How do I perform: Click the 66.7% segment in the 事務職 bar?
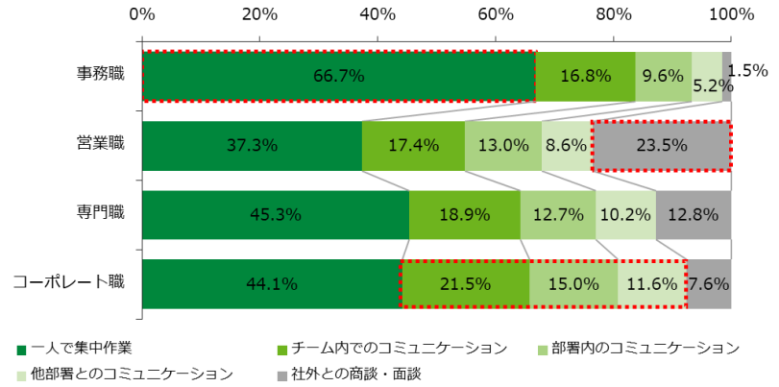click(338, 76)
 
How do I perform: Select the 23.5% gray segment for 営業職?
click(662, 146)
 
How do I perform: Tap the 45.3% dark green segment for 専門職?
click(275, 214)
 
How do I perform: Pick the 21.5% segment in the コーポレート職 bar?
click(465, 283)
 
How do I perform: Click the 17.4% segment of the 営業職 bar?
click(413, 146)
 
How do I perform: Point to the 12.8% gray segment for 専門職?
click(694, 214)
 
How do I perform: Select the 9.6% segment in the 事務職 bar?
click(663, 76)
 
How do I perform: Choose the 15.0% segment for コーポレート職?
click(573, 283)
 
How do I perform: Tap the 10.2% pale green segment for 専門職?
click(625, 214)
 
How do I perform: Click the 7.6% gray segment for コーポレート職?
click(709, 283)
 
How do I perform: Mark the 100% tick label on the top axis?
click(731, 14)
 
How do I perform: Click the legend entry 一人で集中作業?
click(81, 347)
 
